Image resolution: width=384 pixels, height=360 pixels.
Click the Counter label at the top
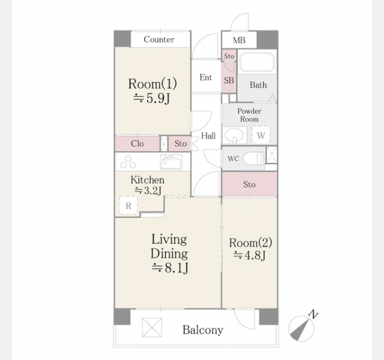(159, 40)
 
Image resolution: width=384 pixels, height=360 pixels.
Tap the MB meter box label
(239, 40)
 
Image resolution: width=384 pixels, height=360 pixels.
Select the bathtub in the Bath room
(257, 62)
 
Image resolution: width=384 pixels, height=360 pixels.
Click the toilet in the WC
(253, 158)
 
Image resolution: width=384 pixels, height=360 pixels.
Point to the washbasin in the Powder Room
(234, 135)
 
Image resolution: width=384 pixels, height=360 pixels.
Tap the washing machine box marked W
(261, 135)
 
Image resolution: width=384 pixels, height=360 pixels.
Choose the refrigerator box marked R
(128, 206)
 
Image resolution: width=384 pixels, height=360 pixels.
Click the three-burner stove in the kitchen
(128, 162)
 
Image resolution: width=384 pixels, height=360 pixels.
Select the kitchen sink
(171, 162)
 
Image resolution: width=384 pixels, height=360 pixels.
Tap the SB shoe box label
(229, 80)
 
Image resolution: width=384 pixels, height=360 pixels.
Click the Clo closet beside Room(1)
(137, 143)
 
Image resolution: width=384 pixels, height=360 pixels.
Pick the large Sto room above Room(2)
(250, 184)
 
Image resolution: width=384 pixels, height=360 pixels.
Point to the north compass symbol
(303, 326)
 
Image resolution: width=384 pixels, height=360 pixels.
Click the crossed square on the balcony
(152, 328)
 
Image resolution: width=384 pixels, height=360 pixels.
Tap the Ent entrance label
(206, 77)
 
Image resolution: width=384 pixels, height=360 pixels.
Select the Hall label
(208, 136)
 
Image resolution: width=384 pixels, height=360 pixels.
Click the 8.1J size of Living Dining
(170, 268)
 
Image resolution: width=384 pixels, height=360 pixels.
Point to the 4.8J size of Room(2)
(250, 256)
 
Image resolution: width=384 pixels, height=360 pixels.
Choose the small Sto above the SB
(229, 56)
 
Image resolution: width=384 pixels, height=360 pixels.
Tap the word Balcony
(203, 330)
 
